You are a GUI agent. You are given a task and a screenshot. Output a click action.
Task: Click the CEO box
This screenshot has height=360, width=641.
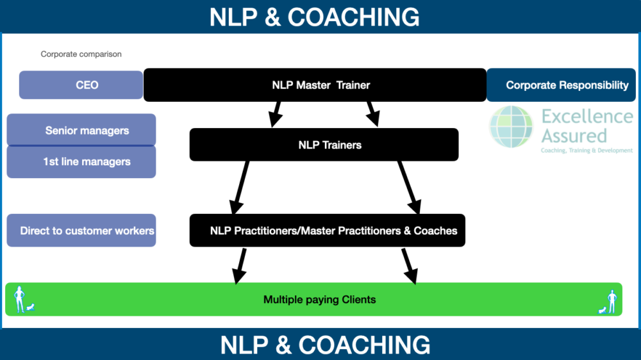(81, 85)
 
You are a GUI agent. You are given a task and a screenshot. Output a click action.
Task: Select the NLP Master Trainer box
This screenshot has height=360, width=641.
(315, 85)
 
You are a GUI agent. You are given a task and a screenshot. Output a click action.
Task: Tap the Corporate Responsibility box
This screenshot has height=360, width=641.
(562, 85)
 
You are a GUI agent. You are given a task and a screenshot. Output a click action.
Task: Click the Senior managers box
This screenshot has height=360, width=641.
(81, 131)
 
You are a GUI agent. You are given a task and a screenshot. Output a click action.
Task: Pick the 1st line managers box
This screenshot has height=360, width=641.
(81, 162)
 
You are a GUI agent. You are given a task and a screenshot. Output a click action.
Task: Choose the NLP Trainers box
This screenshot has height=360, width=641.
(324, 145)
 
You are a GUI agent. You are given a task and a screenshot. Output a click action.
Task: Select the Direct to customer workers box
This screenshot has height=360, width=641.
(81, 231)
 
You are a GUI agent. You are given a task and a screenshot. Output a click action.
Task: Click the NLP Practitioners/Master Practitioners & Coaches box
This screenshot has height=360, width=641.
(327, 231)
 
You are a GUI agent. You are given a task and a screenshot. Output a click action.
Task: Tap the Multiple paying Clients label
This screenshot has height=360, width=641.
(319, 299)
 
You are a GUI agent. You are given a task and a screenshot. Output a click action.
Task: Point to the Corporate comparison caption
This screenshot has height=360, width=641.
(81, 54)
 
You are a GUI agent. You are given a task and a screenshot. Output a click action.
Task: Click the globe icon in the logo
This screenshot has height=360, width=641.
(512, 127)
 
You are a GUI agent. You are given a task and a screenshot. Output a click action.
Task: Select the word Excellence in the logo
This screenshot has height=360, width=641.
(587, 117)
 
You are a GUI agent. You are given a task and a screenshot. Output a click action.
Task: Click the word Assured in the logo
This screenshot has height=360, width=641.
(574, 136)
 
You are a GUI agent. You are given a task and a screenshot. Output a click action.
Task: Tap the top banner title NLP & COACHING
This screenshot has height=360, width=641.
(314, 17)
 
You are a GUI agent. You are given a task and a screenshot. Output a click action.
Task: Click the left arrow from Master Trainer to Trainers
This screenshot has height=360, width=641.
(276, 114)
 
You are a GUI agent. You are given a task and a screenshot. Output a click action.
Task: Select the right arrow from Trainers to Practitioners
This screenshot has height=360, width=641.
(408, 187)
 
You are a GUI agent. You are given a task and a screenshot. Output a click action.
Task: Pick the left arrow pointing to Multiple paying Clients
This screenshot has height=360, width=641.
(240, 266)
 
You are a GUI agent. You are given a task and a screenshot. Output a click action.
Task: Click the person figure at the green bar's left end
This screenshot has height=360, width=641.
(20, 299)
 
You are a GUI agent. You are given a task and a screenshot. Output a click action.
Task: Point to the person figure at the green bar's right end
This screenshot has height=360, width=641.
(612, 300)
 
